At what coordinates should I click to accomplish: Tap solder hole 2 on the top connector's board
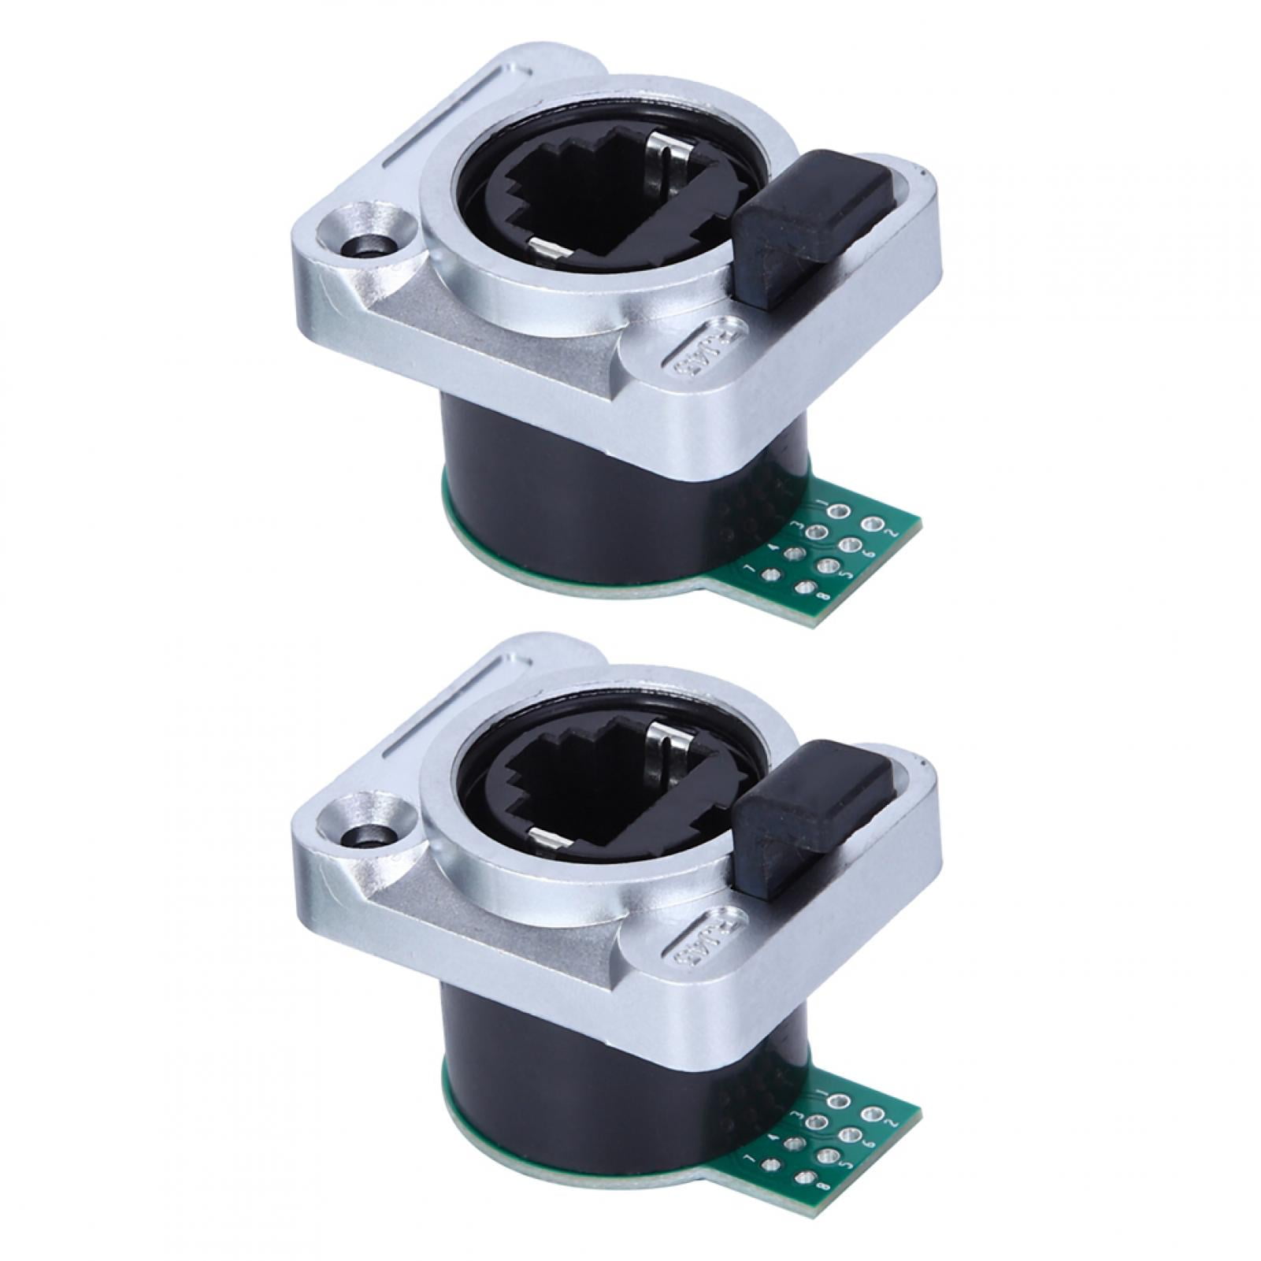(871, 523)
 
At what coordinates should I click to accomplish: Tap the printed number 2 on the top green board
(892, 531)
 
